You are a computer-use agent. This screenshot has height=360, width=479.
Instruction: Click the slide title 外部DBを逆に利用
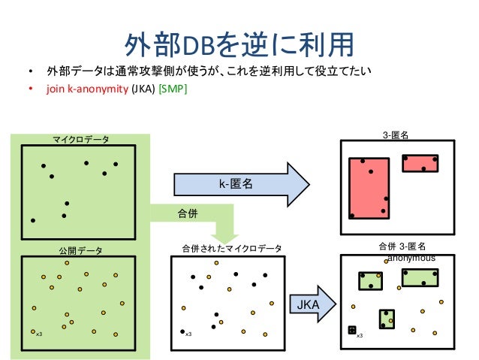tap(239, 44)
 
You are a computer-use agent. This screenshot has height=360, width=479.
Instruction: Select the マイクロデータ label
tap(80, 139)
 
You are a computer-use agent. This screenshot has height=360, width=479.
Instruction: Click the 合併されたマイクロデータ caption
tap(232, 248)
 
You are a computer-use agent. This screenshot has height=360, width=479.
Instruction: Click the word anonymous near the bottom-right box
tap(411, 257)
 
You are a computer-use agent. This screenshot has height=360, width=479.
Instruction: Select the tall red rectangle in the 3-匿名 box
tap(369, 188)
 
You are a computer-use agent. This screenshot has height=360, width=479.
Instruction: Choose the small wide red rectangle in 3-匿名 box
tap(419, 163)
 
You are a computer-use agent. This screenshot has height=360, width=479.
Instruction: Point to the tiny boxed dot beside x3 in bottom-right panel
tap(351, 330)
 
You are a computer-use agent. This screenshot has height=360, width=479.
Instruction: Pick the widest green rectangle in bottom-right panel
tap(420, 277)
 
